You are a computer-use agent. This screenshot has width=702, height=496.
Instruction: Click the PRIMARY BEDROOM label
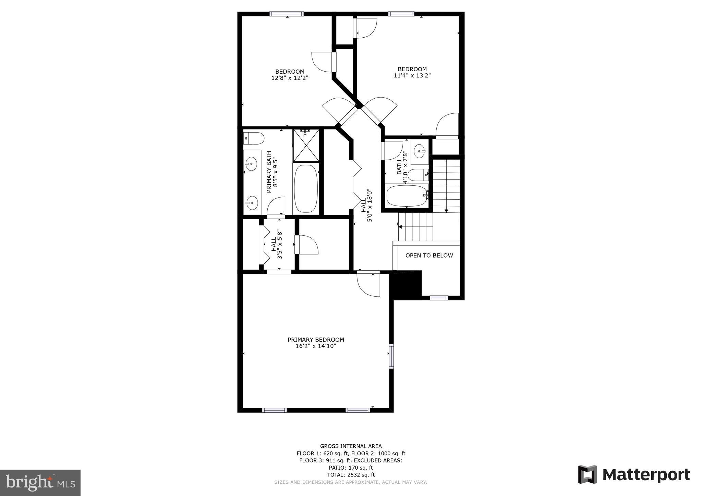316,339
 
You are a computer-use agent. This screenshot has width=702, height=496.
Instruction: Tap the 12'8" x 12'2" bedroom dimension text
290,78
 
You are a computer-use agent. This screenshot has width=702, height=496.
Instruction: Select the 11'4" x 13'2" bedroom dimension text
412,76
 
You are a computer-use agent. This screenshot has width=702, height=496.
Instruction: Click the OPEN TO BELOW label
429,256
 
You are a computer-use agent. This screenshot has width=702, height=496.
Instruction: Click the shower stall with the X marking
306,145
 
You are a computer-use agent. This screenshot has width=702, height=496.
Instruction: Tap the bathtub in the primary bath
306,188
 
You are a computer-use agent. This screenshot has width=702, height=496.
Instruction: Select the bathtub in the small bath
407,196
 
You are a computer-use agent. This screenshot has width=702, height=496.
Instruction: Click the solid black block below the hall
406,284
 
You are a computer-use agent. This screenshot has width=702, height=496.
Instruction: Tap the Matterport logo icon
588,474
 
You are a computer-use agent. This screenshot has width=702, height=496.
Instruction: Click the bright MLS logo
40,483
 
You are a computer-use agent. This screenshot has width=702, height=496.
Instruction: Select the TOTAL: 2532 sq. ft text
351,475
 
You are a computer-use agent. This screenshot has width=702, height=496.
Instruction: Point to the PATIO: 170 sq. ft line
351,468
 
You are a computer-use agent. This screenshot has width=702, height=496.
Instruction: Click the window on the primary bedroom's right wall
391,356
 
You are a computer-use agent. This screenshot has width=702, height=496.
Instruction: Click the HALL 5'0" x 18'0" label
366,205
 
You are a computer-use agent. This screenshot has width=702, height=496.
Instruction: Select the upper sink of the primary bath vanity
251,163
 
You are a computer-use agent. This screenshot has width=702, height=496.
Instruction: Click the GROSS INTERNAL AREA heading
351,446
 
